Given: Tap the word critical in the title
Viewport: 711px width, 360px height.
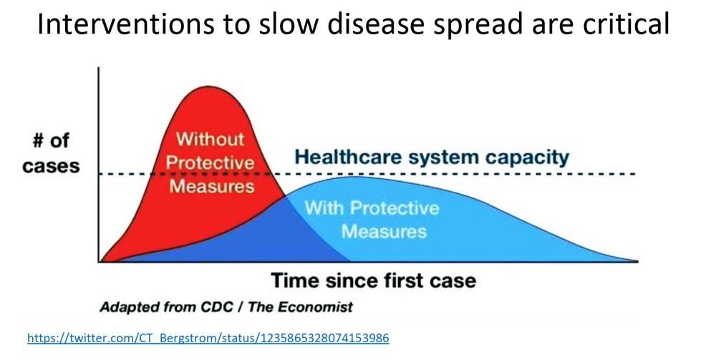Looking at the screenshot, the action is click(626, 24).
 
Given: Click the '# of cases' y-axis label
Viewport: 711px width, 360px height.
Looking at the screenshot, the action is click(51, 153).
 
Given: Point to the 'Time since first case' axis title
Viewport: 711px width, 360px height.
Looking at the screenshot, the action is click(374, 281).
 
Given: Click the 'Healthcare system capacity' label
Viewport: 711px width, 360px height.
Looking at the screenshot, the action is click(432, 157).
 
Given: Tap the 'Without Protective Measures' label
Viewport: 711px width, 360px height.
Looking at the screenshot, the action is click(210, 162).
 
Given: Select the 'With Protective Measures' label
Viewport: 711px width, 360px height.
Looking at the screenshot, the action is click(372, 220).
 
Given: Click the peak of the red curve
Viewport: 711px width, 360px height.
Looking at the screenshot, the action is click(208, 86).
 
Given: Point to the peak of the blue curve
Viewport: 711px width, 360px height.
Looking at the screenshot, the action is click(352, 176).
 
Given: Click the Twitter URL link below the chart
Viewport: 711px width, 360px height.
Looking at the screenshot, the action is click(208, 338).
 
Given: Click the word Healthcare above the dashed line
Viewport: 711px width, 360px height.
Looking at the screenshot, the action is click(352, 157).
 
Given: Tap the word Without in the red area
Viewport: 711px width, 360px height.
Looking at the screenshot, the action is click(210, 138).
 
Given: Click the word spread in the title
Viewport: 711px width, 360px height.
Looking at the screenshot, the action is click(472, 24).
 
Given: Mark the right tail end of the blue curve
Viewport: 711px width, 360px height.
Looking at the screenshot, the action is click(637, 261).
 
